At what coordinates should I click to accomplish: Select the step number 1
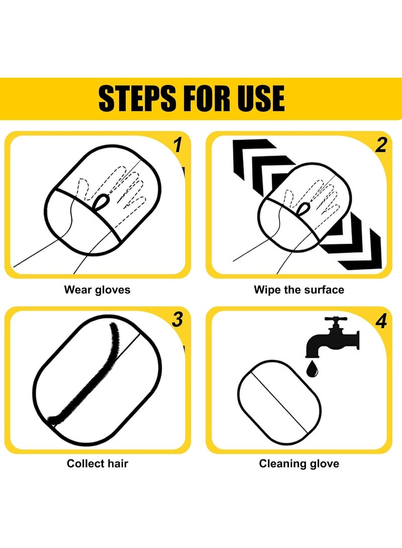coord(178,145)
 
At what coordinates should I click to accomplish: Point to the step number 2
coord(381,145)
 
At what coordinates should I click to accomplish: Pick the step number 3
coord(177,319)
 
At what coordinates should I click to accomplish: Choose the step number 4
coord(381,321)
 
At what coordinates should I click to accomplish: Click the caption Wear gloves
coord(97,290)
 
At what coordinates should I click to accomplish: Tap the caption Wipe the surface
coord(299,290)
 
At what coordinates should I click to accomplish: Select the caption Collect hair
coord(97,464)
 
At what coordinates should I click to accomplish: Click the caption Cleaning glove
coord(299,464)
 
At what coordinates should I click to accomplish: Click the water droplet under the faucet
coord(313,369)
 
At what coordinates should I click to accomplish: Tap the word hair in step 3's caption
coord(118,464)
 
